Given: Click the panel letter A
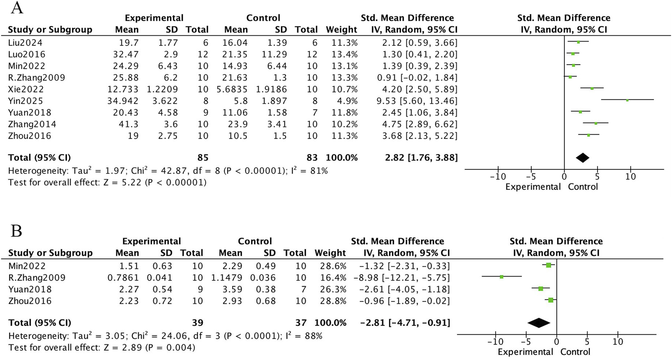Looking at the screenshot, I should click(x=17, y=8).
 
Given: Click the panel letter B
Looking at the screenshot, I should click(x=17, y=231).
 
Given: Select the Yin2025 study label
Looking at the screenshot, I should click(x=25, y=101).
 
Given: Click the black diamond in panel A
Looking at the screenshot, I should click(x=582, y=158).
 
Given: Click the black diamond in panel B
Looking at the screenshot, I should click(x=539, y=323).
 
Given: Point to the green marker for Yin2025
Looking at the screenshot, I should click(x=627, y=100).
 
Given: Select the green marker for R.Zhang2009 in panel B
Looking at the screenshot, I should click(x=501, y=277).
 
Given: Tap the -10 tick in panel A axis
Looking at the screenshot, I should click(x=498, y=177).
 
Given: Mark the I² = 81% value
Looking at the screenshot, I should click(x=309, y=171).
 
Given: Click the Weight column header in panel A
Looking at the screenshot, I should click(x=341, y=30).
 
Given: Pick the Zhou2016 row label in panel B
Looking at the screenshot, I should click(x=30, y=301).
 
